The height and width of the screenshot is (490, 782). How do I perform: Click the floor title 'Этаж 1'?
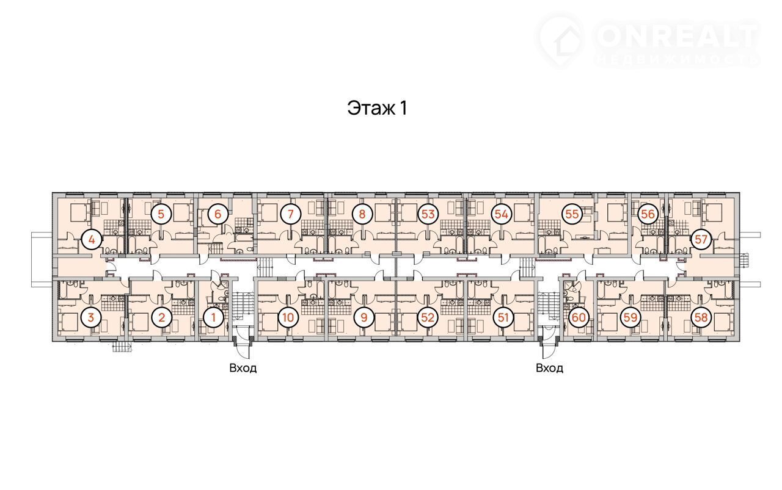click(x=377, y=108)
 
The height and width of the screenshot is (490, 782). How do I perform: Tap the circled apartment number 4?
click(x=92, y=240)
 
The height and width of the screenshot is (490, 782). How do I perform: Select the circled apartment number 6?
click(x=217, y=214)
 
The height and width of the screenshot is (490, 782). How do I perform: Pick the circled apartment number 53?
click(x=428, y=214)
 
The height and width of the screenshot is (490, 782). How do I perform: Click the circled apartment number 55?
click(x=572, y=214)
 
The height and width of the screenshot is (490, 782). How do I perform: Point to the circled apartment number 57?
click(x=701, y=240)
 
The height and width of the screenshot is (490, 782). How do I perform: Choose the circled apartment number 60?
click(x=579, y=318)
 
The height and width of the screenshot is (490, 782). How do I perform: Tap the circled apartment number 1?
click(x=214, y=318)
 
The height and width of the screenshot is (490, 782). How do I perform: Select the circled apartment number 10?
click(x=288, y=318)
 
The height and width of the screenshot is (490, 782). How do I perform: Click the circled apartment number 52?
click(x=428, y=318)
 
